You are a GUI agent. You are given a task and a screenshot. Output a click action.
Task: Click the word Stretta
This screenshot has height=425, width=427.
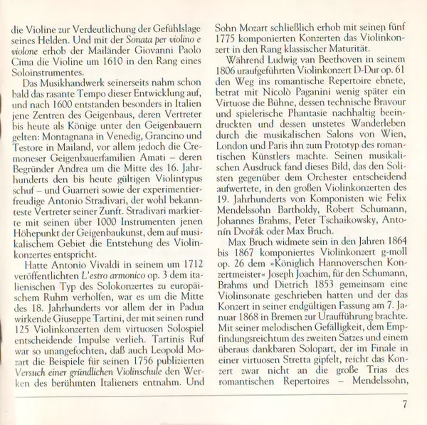pos(307,355)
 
